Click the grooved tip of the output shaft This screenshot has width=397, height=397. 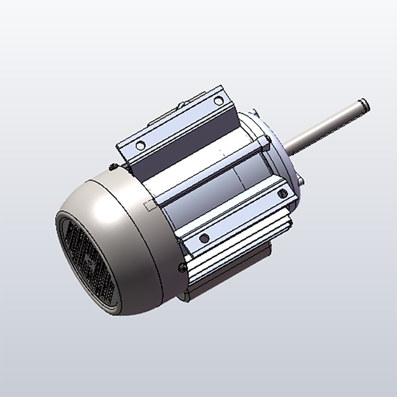(364, 105)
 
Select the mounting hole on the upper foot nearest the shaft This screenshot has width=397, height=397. (218, 101)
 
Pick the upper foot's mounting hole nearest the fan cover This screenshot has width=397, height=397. (140, 145)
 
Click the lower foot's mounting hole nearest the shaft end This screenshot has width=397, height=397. (283, 194)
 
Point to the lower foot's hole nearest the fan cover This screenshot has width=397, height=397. (204, 238)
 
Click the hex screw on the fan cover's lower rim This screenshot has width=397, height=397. (182, 268)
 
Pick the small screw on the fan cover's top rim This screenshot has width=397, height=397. (113, 167)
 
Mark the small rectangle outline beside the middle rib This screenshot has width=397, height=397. (148, 206)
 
